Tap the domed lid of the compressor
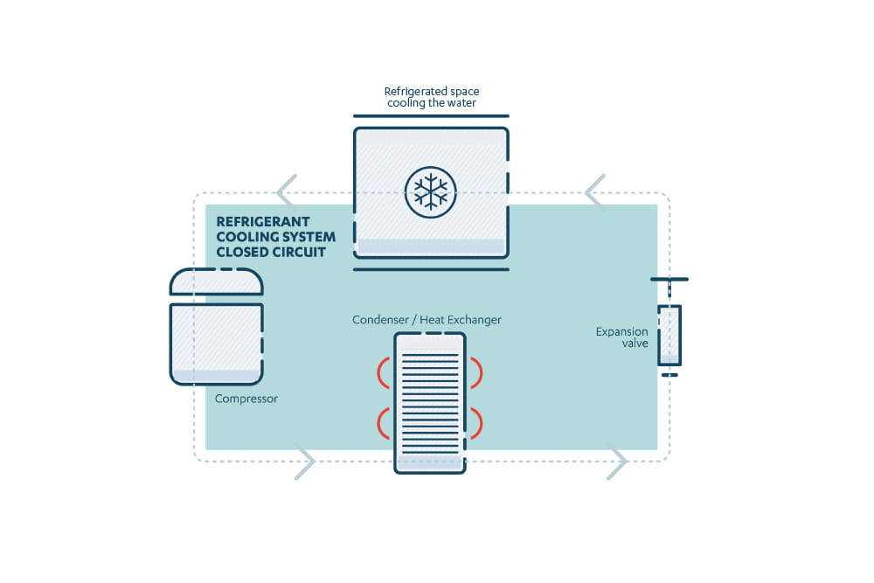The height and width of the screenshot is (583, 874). pyautogui.click(x=216, y=281)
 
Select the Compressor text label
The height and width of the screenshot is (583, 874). pyautogui.click(x=246, y=399)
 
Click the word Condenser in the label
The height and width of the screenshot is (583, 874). pyautogui.click(x=381, y=320)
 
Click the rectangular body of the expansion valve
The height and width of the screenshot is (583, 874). pyautogui.click(x=669, y=335)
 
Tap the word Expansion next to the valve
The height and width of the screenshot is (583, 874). pyautogui.click(x=621, y=331)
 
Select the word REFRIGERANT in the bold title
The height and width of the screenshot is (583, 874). pyautogui.click(x=262, y=222)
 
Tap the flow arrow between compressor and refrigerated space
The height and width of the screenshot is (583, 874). pyautogui.click(x=286, y=191)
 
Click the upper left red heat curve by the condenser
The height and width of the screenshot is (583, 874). pyautogui.click(x=383, y=371)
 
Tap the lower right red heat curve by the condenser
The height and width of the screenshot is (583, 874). pyautogui.click(x=477, y=423)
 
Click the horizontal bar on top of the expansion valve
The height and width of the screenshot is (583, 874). pyautogui.click(x=669, y=279)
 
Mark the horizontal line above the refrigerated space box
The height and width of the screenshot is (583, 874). pyautogui.click(x=430, y=115)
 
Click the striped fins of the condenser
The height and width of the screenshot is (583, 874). pyautogui.click(x=430, y=402)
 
